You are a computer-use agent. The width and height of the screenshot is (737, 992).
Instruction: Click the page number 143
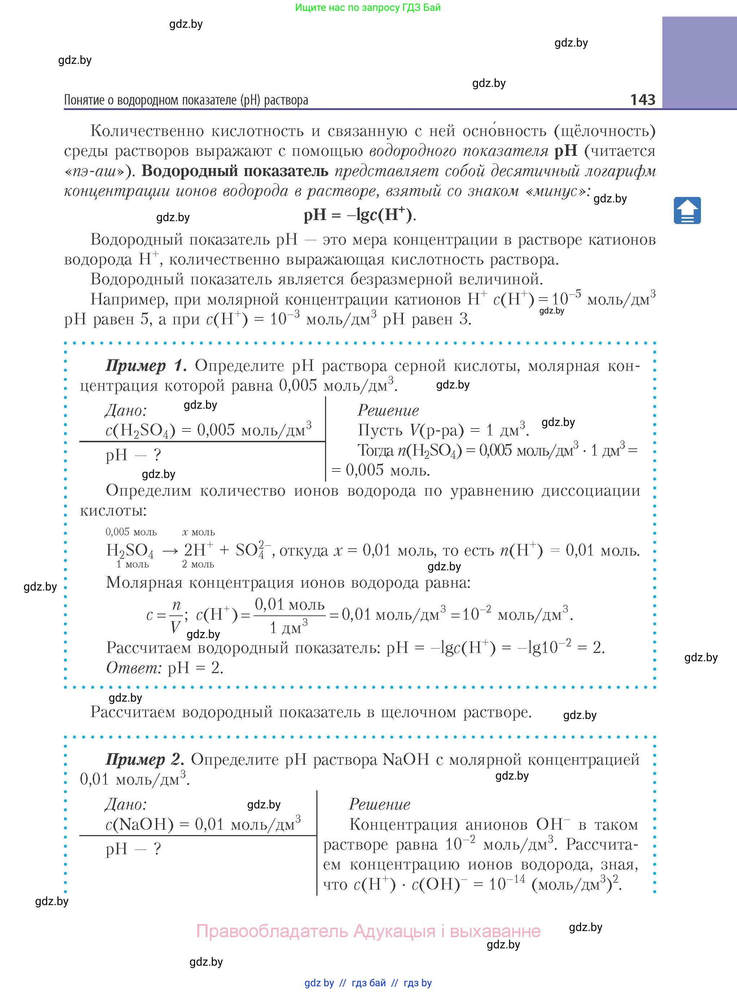[642, 99]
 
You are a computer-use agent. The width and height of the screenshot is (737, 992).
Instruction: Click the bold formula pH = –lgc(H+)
[360, 215]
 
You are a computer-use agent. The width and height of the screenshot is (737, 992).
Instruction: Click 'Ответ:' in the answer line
[133, 668]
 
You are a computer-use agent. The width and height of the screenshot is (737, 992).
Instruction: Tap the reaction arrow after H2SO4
[170, 551]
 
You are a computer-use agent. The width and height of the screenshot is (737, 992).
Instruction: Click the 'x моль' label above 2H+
[198, 532]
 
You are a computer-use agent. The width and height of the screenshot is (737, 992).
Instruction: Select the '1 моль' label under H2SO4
[132, 564]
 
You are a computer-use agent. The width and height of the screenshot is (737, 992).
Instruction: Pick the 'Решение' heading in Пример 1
[388, 411]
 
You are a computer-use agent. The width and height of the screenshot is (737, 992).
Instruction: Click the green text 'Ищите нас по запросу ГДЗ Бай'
[368, 8]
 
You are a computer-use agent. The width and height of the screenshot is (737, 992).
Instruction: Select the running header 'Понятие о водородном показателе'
[186, 100]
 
